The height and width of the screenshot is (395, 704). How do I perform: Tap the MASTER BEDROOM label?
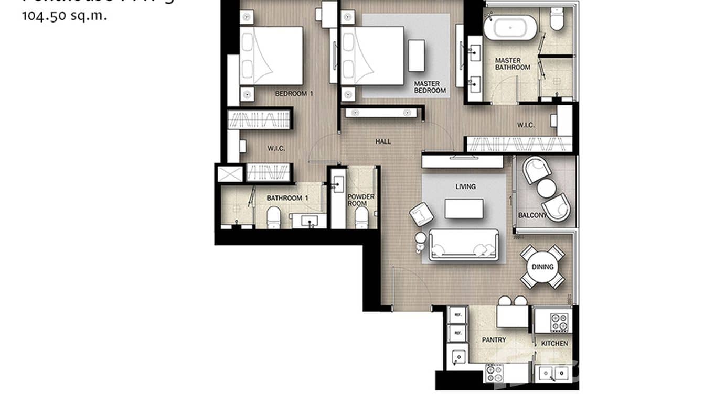(x=430, y=87)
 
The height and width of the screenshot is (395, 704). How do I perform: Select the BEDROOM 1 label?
(x=294, y=94)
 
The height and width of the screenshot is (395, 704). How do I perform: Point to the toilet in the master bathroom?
(x=556, y=19)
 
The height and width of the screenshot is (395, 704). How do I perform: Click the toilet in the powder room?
(x=361, y=217)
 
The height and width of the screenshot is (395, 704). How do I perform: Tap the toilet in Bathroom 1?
(x=274, y=217)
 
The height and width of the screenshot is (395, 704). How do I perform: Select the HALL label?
(x=383, y=141)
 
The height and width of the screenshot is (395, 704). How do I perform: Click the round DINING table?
(x=542, y=267)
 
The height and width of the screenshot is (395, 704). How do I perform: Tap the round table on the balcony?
(x=546, y=188)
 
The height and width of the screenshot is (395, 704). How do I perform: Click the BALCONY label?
(x=532, y=215)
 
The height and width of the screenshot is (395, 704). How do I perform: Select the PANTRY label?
(x=494, y=340)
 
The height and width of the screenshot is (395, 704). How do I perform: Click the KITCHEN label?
(x=554, y=344)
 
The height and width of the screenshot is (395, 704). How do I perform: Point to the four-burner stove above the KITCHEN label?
(x=560, y=322)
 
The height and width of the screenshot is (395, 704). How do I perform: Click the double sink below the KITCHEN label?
(x=552, y=374)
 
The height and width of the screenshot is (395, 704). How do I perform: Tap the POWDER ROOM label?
(x=361, y=200)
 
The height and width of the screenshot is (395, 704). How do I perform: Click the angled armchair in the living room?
(x=422, y=214)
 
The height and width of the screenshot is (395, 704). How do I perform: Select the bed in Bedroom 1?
(x=271, y=56)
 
